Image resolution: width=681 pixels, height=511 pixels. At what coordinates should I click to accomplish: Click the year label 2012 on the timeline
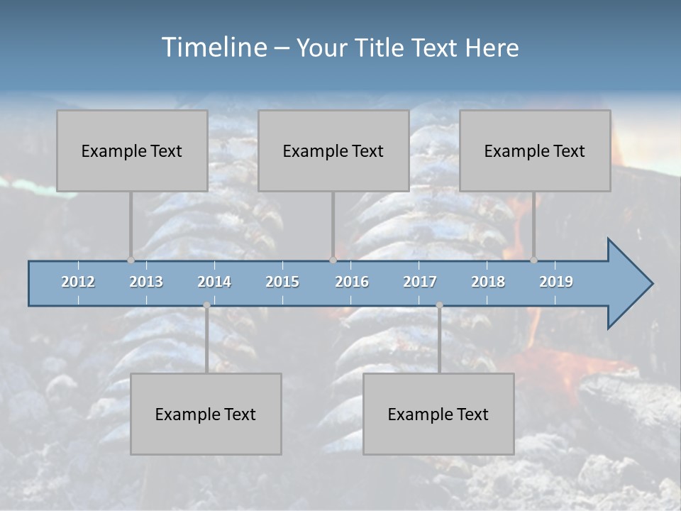pyautogui.click(x=78, y=282)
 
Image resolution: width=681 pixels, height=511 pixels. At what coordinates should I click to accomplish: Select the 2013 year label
pyautogui.click(x=146, y=282)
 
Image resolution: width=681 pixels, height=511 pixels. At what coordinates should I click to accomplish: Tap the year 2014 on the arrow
pyautogui.click(x=214, y=282)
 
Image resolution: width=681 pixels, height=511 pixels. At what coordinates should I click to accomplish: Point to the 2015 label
pyautogui.click(x=282, y=282)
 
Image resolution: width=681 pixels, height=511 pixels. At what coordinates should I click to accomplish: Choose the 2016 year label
pyautogui.click(x=352, y=282)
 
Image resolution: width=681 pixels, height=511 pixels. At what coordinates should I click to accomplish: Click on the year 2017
pyautogui.click(x=420, y=282)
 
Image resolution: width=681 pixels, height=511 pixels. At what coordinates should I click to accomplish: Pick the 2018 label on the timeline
pyautogui.click(x=488, y=282)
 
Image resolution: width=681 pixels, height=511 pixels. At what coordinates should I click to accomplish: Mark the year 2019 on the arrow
pyautogui.click(x=556, y=282)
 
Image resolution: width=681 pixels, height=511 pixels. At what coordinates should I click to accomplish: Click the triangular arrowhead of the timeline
pyautogui.click(x=629, y=284)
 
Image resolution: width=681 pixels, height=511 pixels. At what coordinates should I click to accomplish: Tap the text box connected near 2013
pyautogui.click(x=132, y=150)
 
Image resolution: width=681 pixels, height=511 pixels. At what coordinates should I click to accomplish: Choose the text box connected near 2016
pyautogui.click(x=333, y=150)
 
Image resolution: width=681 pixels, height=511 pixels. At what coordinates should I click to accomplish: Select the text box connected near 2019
pyautogui.click(x=535, y=150)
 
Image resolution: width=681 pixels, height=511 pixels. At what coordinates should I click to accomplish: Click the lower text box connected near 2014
pyautogui.click(x=206, y=414)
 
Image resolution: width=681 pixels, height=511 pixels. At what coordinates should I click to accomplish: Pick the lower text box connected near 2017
pyautogui.click(x=438, y=414)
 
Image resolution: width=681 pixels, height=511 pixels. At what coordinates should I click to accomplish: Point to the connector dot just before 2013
pyautogui.click(x=131, y=260)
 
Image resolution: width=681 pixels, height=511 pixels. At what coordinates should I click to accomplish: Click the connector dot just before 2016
pyautogui.click(x=333, y=260)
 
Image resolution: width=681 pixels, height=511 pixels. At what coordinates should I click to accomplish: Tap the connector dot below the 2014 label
pyautogui.click(x=206, y=305)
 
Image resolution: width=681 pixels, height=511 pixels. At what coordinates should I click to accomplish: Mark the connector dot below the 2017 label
pyautogui.click(x=439, y=305)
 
